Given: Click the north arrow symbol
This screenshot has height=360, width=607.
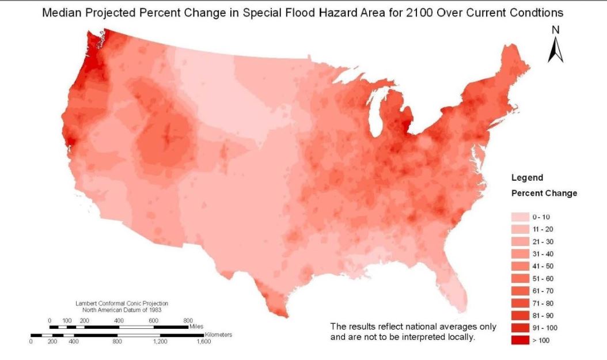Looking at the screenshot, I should (555, 50).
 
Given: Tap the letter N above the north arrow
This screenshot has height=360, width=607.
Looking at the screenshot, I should (555, 30).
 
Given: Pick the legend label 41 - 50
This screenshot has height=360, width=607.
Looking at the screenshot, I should (542, 266).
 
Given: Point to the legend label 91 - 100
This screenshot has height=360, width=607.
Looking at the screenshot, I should (544, 327).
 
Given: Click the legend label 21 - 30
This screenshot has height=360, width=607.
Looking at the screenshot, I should (542, 242).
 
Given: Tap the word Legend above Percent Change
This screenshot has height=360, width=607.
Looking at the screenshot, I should (527, 178).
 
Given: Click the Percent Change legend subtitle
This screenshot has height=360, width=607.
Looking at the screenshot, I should (544, 193).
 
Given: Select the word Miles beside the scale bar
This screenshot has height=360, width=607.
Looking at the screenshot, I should (196, 327).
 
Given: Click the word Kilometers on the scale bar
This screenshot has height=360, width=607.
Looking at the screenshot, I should (218, 334).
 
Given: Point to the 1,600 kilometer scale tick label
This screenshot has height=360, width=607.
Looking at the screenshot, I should (203, 342).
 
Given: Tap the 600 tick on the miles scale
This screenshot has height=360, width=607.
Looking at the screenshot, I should (153, 320).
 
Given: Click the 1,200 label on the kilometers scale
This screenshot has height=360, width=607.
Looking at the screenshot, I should (160, 342).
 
